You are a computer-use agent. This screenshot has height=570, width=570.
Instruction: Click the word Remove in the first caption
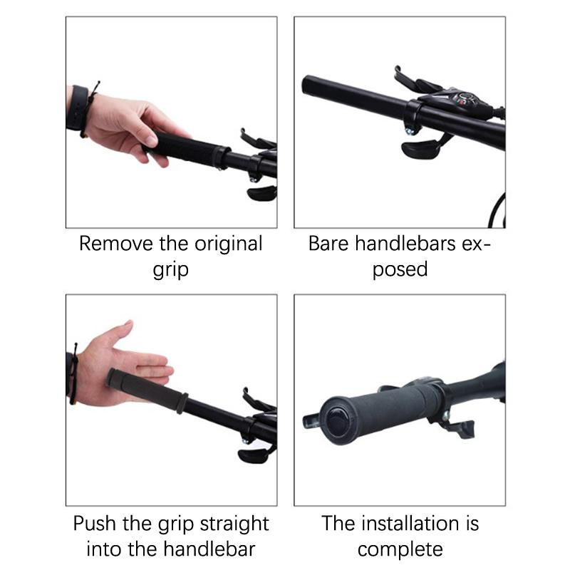click(116, 243)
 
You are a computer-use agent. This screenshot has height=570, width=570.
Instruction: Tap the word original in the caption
click(228, 243)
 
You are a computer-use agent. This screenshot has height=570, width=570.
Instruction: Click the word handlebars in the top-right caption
click(405, 243)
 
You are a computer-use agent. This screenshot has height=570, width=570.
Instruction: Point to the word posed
click(400, 269)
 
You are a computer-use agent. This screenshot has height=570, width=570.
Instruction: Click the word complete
click(400, 550)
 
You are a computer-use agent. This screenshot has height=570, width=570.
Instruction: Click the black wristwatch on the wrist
click(77, 108)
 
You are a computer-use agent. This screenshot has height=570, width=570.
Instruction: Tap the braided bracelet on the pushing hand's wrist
click(74, 375)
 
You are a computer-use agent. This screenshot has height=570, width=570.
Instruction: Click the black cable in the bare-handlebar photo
click(497, 211)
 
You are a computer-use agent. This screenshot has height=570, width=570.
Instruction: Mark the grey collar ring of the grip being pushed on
click(182, 403)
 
